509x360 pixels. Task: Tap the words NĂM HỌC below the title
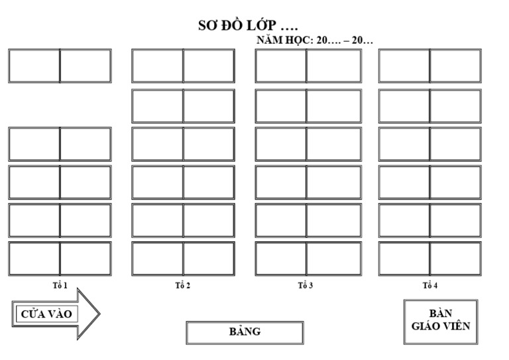pyautogui.click(x=284, y=40)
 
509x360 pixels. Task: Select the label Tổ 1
pyautogui.click(x=60, y=285)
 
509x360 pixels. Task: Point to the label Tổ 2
pyautogui.click(x=183, y=286)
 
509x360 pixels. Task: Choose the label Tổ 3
pyautogui.click(x=306, y=286)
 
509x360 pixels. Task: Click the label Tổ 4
pyautogui.click(x=430, y=286)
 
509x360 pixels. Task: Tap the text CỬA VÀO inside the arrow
pyautogui.click(x=46, y=314)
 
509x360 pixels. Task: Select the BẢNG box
pyautogui.click(x=245, y=332)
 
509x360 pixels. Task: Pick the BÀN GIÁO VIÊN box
pyautogui.click(x=440, y=321)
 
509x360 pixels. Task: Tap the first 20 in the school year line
pyautogui.click(x=323, y=40)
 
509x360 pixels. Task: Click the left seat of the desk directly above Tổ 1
pyautogui.click(x=34, y=259)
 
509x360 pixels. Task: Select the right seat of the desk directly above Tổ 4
pyautogui.click(x=455, y=259)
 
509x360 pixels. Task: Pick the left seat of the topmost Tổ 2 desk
pyautogui.click(x=158, y=66)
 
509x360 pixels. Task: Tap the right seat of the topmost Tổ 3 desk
pyautogui.click(x=333, y=66)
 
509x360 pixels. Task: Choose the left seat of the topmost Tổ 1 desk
pyautogui.click(x=34, y=66)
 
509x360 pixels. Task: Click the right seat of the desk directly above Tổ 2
pyautogui.click(x=208, y=259)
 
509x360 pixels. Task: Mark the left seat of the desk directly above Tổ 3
pyautogui.click(x=281, y=259)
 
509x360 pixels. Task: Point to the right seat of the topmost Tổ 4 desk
pyautogui.click(x=455, y=66)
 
